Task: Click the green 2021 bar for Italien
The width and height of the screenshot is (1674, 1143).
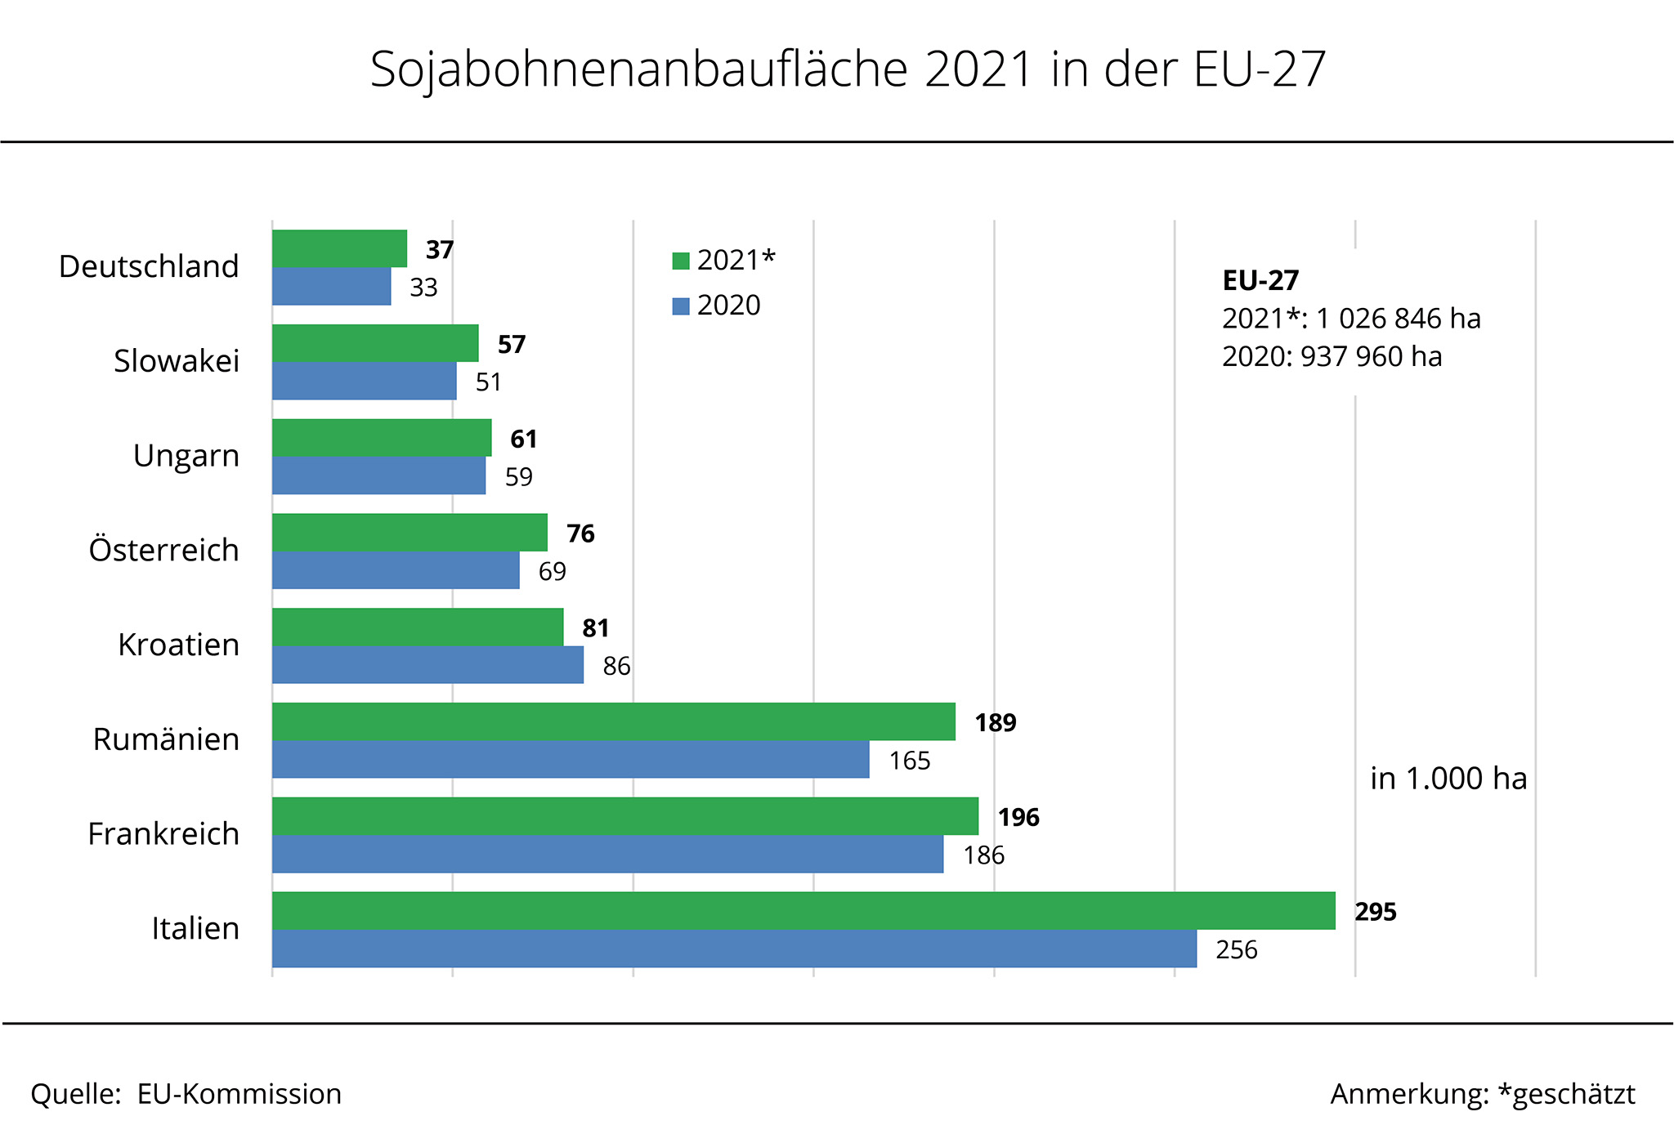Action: pyautogui.click(x=803, y=910)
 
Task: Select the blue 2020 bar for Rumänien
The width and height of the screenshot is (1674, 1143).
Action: pyautogui.click(x=571, y=759)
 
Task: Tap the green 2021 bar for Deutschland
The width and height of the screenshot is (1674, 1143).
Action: pyautogui.click(x=339, y=248)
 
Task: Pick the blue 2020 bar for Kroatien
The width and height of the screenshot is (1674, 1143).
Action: pyautogui.click(x=427, y=665)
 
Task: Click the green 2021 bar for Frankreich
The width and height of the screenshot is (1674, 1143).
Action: pyautogui.click(x=625, y=815)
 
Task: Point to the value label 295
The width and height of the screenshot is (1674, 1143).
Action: pyautogui.click(x=1376, y=912)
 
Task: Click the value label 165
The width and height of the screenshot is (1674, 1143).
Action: pyautogui.click(x=910, y=761)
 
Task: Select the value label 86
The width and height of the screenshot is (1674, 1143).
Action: pyautogui.click(x=616, y=667)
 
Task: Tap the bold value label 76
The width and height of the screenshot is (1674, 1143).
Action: pyautogui.click(x=580, y=534)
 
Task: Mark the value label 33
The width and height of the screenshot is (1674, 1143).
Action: pyautogui.click(x=423, y=288)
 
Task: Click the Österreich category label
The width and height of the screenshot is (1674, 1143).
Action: pyautogui.click(x=163, y=550)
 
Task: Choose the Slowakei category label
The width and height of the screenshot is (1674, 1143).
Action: pyautogui.click(x=177, y=361)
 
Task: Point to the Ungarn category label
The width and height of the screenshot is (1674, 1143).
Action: pyautogui.click(x=186, y=456)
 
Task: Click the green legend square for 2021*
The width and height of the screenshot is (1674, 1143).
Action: pyautogui.click(x=681, y=261)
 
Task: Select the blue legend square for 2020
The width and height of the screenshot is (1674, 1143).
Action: pyautogui.click(x=681, y=306)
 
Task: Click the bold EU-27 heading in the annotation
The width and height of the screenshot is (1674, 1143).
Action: pyautogui.click(x=1260, y=280)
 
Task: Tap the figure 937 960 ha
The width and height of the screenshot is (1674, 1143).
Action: pyautogui.click(x=1371, y=357)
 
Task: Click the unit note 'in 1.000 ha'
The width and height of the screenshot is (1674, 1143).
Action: pyautogui.click(x=1448, y=779)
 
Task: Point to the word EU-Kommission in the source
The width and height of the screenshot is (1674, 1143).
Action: pyautogui.click(x=239, y=1094)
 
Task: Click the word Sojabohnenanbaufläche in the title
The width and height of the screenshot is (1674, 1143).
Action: pyautogui.click(x=638, y=69)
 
